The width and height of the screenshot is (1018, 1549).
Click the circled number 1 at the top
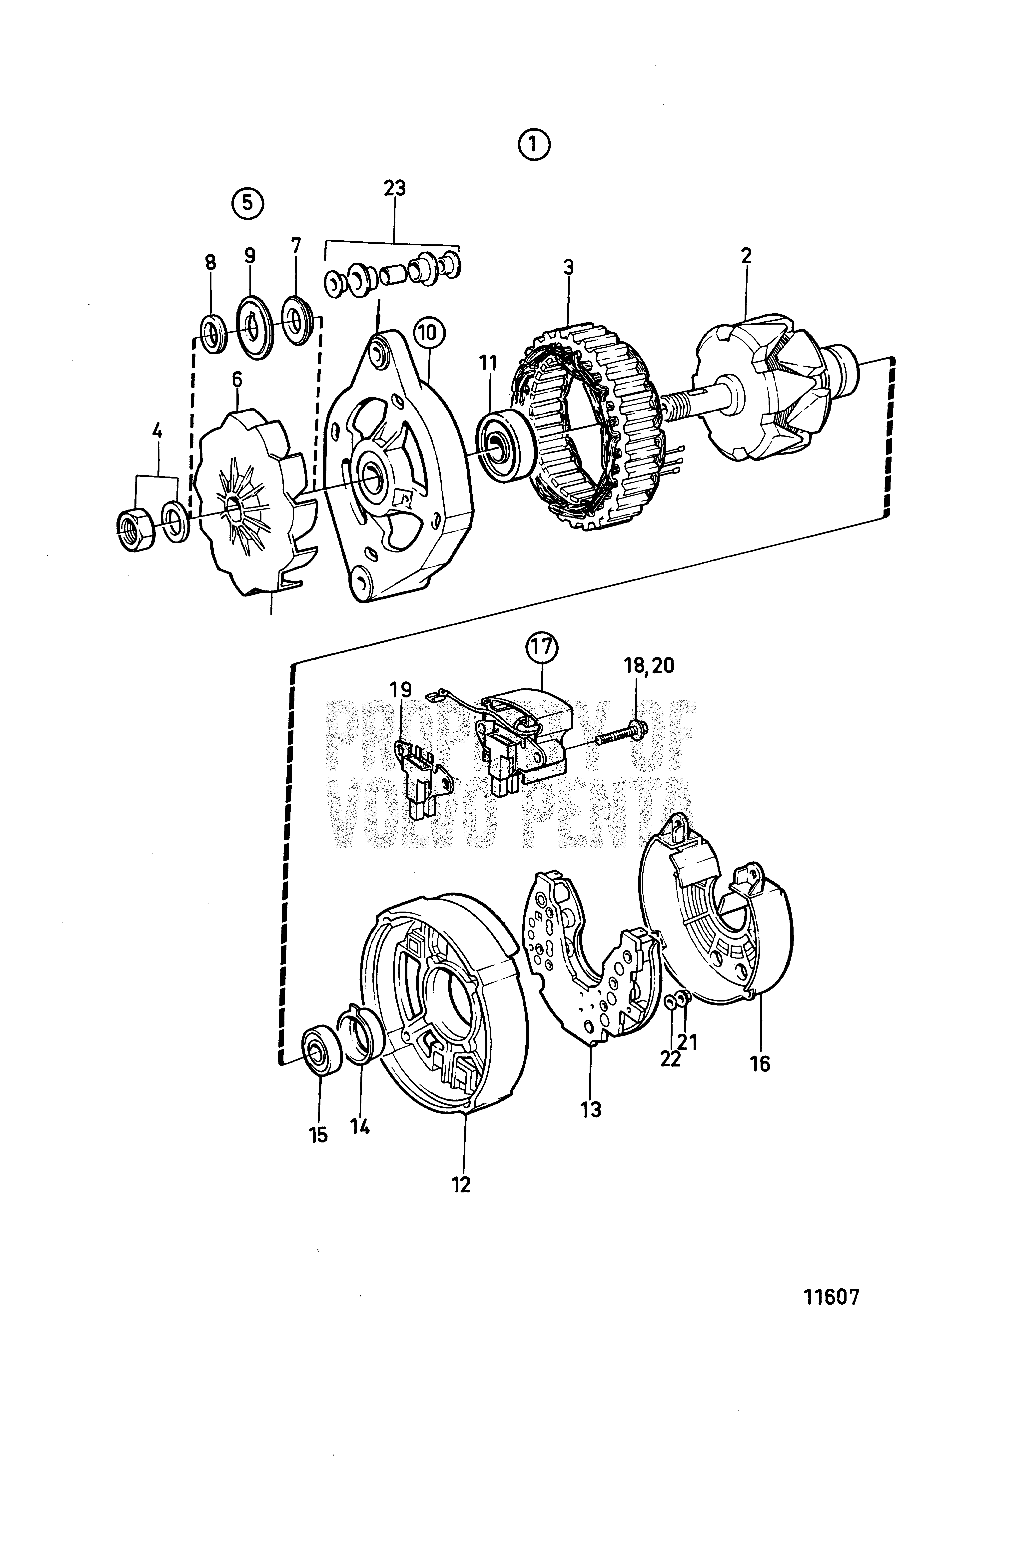(534, 146)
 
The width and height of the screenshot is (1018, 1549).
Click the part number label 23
(394, 188)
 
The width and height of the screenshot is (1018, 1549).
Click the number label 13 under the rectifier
(591, 1109)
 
